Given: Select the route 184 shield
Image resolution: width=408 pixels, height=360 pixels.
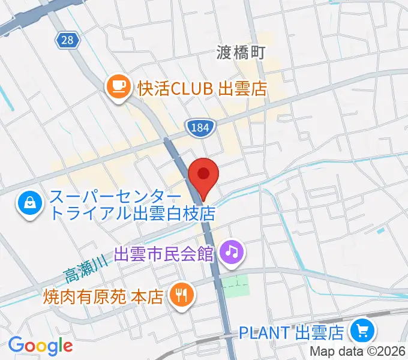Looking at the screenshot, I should point(197,127).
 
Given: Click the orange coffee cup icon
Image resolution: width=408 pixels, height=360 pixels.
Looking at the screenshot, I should point(118,88).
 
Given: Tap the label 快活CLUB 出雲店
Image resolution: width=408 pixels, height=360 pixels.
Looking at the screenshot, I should point(202,89).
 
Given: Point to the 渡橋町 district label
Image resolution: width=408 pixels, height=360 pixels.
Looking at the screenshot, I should point(241,53).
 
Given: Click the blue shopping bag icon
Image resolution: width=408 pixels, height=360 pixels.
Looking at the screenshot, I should point(29,205).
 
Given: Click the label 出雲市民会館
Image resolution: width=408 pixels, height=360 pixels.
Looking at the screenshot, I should point(164,253).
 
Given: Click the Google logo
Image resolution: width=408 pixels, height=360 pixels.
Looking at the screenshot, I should point(40,345).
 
